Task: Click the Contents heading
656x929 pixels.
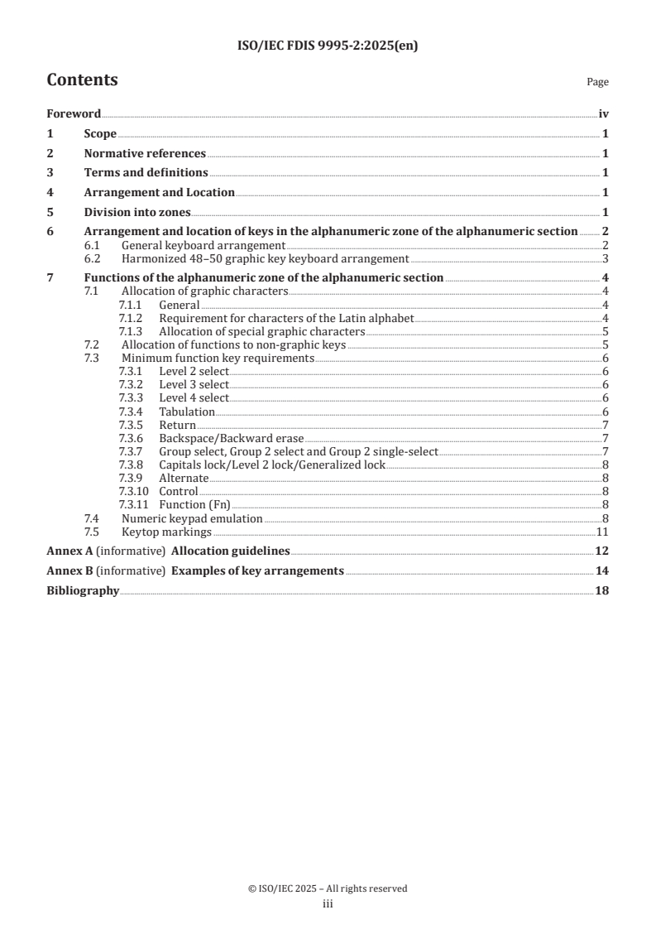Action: click(82, 80)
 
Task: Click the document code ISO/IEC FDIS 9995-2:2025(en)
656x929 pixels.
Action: click(328, 46)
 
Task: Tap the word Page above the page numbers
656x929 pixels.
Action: click(597, 82)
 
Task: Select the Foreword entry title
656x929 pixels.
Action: click(74, 113)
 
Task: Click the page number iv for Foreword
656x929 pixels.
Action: click(604, 113)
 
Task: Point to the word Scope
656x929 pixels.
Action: click(100, 133)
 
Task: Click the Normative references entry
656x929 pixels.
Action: click(145, 153)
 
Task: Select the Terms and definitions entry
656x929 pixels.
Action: click(146, 173)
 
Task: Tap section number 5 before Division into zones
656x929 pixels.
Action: click(50, 212)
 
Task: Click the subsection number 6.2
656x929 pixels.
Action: click(93, 258)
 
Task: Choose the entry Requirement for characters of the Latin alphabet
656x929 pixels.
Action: click(286, 318)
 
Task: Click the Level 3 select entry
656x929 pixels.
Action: click(194, 385)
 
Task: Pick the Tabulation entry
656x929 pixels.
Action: click(187, 412)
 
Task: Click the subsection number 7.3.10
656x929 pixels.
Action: click(133, 491)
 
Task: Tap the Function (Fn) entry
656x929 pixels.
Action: click(194, 504)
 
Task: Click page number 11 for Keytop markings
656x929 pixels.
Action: click(603, 532)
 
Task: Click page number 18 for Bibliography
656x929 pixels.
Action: click(602, 591)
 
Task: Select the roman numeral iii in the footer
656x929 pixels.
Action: click(328, 904)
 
